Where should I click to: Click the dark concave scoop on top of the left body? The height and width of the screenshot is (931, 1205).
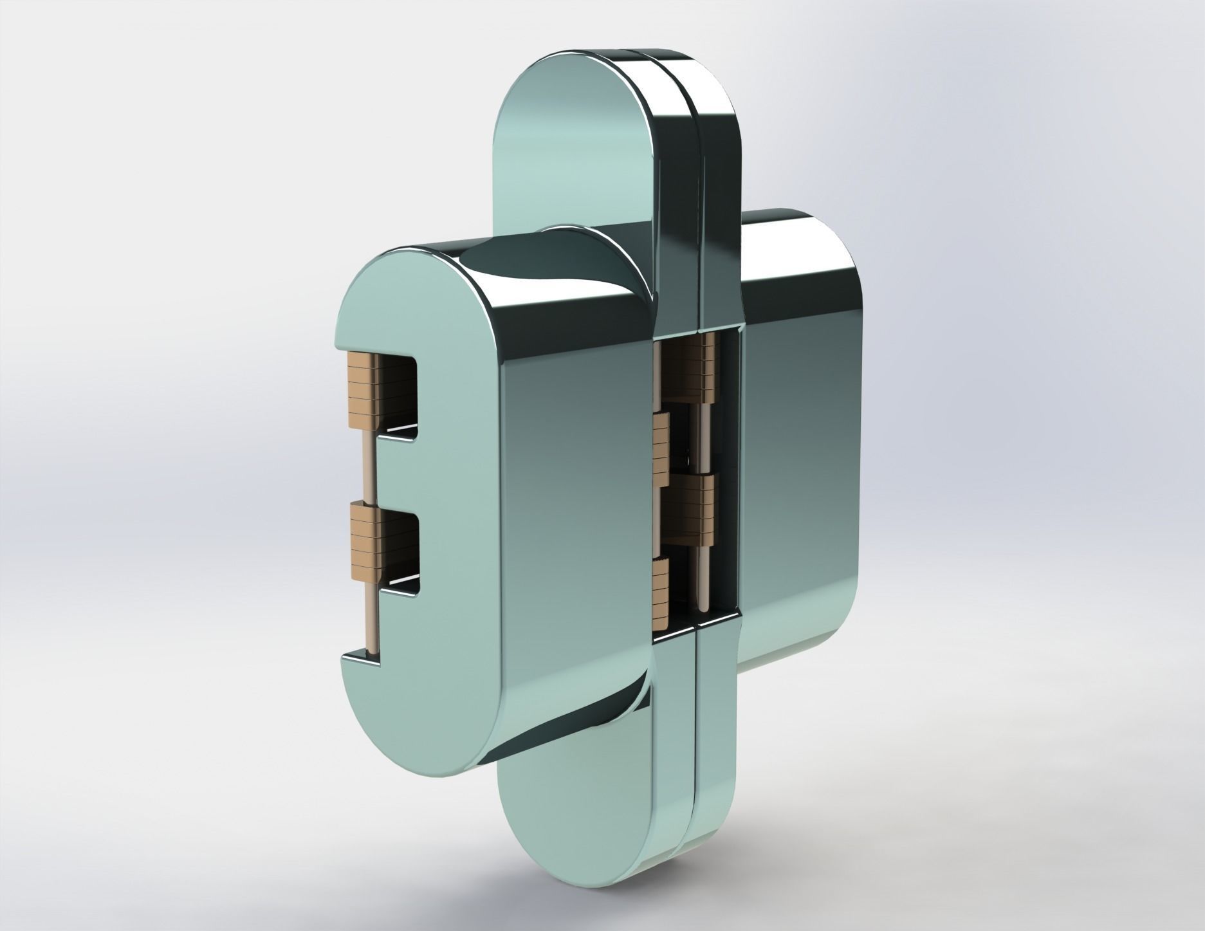point(515,270)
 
